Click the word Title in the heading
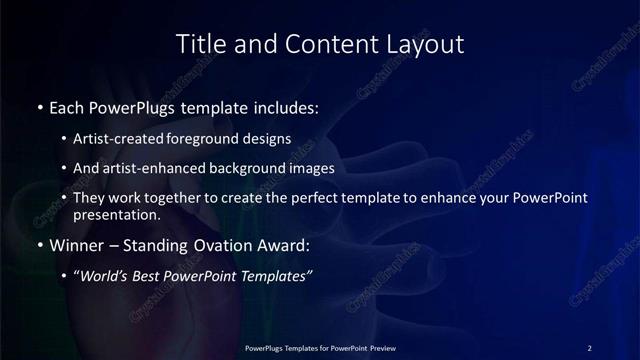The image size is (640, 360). click(x=200, y=44)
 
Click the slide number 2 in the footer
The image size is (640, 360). click(x=590, y=347)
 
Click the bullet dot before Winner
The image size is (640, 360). click(x=39, y=246)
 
